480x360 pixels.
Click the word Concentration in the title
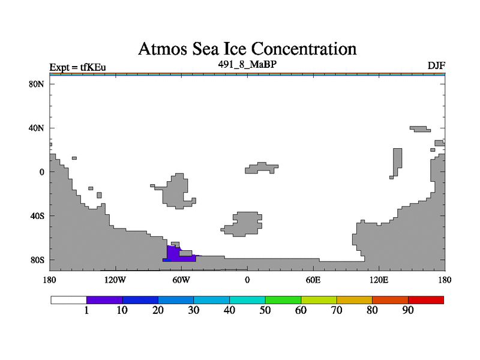304,49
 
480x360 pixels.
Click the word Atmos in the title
163,49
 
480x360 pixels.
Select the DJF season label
436,66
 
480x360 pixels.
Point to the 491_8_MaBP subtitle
247,64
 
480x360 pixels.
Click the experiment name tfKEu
93,67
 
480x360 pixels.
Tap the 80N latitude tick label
37,84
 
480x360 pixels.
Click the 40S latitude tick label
37,216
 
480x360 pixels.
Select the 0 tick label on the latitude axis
41,172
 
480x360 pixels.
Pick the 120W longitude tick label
115,280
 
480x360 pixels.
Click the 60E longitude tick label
313,280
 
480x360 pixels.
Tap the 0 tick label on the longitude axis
247,280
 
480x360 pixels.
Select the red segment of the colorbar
426,300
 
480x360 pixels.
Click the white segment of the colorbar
69,300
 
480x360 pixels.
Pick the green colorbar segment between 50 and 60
283,300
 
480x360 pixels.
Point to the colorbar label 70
337,310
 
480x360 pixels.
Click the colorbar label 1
86,310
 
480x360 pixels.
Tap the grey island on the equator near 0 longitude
262,168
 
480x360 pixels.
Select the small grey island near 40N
421,129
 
